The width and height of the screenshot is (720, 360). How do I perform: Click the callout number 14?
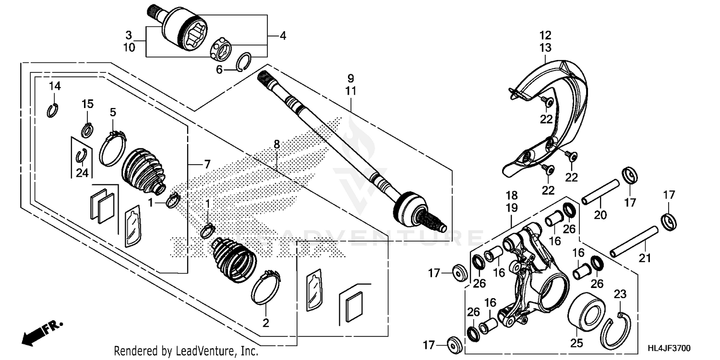click(55, 86)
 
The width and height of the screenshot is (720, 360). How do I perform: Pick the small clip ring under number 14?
click(52, 110)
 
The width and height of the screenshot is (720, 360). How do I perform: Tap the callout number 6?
click(219, 70)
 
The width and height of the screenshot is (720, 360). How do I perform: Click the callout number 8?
click(276, 144)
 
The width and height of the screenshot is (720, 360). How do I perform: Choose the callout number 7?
click(207, 165)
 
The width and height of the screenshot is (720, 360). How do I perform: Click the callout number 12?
click(545, 35)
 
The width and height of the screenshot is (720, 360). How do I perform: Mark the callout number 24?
click(82, 173)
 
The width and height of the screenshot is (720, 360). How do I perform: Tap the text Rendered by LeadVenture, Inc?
click(186, 351)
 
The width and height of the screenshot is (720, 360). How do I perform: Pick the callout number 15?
click(87, 104)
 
